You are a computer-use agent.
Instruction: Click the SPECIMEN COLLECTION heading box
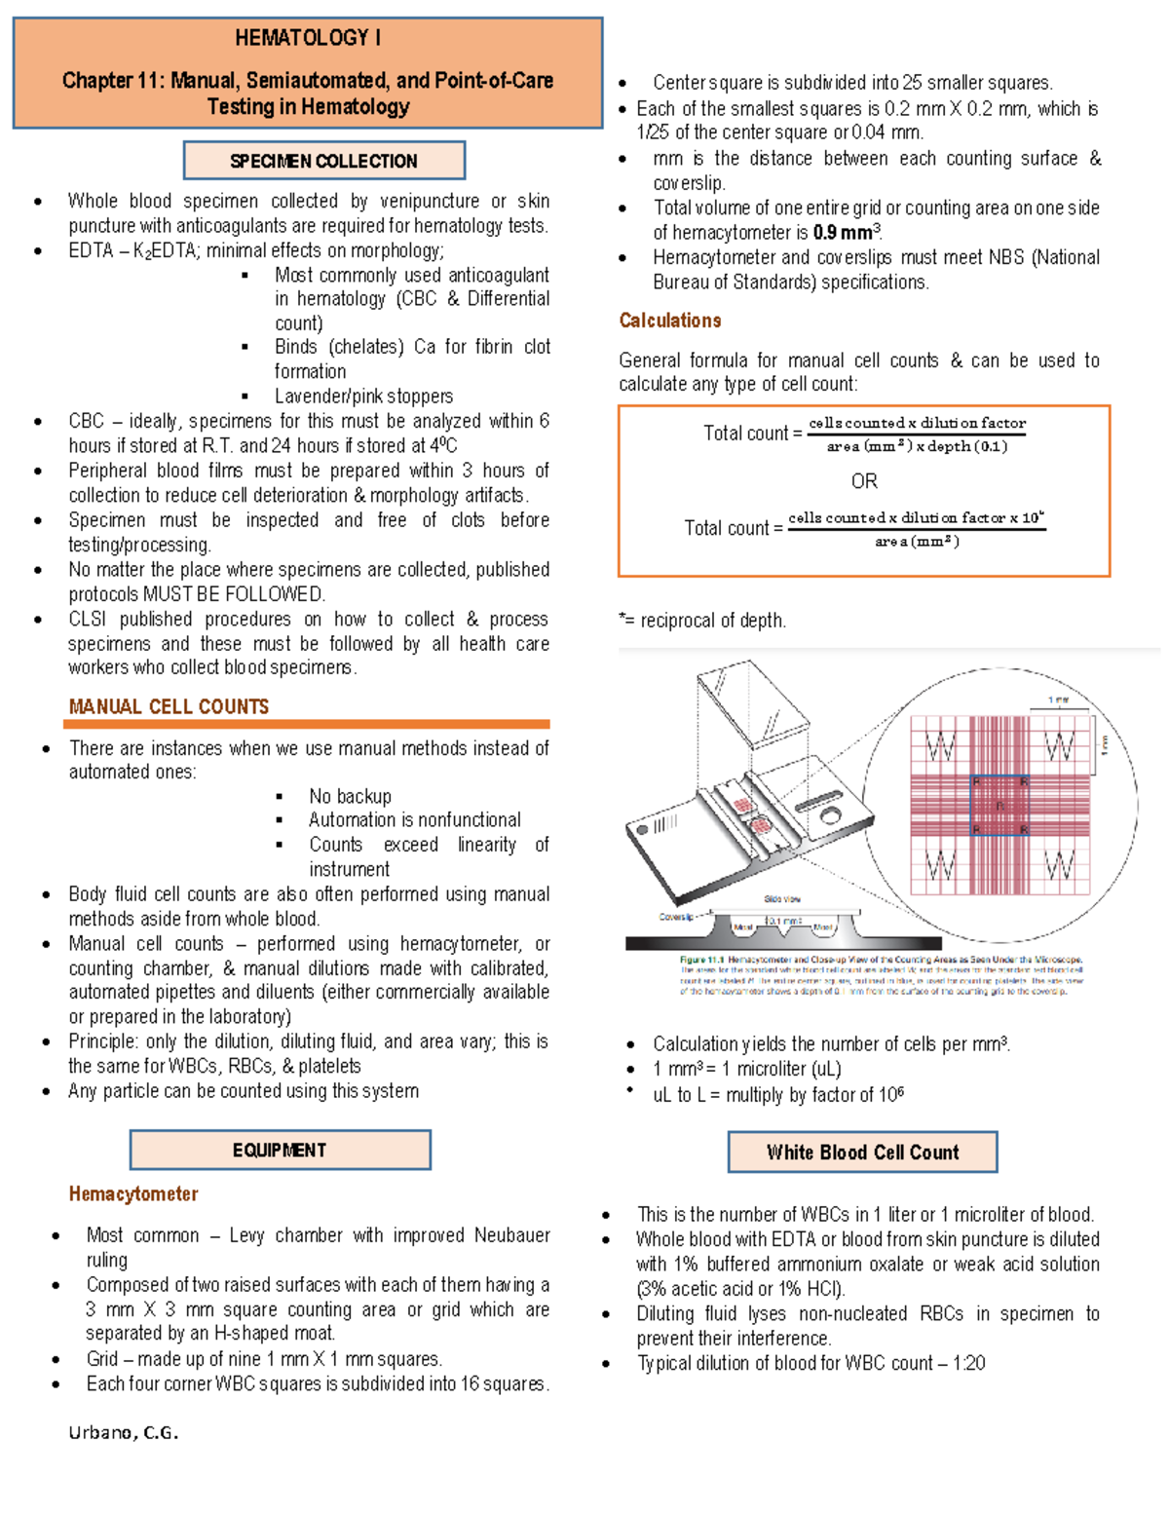(323, 161)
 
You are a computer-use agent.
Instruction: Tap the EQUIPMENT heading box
(280, 1150)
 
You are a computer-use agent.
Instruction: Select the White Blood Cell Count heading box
(862, 1153)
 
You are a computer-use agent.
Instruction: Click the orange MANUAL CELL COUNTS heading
(169, 706)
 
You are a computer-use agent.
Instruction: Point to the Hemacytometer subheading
(133, 1193)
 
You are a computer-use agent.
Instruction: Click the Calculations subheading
(670, 321)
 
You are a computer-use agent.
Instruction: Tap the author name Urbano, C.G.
(123, 1432)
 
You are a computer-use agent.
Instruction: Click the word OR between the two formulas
(864, 481)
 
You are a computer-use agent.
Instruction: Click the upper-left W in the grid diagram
(940, 747)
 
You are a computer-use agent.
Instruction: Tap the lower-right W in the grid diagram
(1059, 864)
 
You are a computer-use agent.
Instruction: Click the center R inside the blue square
(999, 806)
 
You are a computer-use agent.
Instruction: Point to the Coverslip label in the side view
(675, 917)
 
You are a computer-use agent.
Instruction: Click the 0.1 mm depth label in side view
(784, 921)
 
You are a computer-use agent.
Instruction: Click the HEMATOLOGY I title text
(308, 38)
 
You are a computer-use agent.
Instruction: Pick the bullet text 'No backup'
(350, 796)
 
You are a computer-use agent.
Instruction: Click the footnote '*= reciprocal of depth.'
(702, 620)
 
